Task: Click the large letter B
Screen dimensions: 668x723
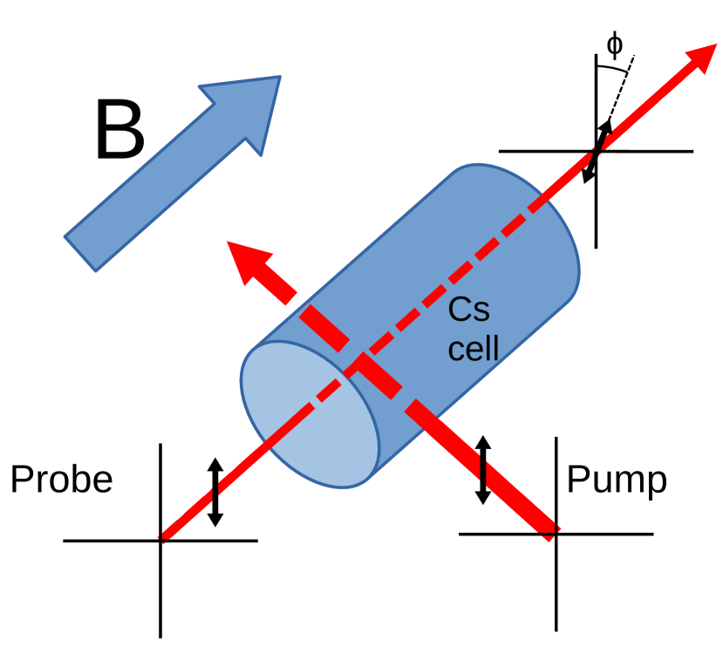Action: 119,131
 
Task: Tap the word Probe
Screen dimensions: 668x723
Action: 61,480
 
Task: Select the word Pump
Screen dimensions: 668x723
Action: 617,480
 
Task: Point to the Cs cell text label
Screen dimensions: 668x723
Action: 474,330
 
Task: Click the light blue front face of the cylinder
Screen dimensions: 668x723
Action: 310,413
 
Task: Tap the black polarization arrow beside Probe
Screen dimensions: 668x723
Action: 215,492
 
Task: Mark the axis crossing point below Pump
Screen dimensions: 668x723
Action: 556,533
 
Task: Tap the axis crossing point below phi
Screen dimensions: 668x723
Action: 596,152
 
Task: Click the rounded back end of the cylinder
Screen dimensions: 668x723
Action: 558,253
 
